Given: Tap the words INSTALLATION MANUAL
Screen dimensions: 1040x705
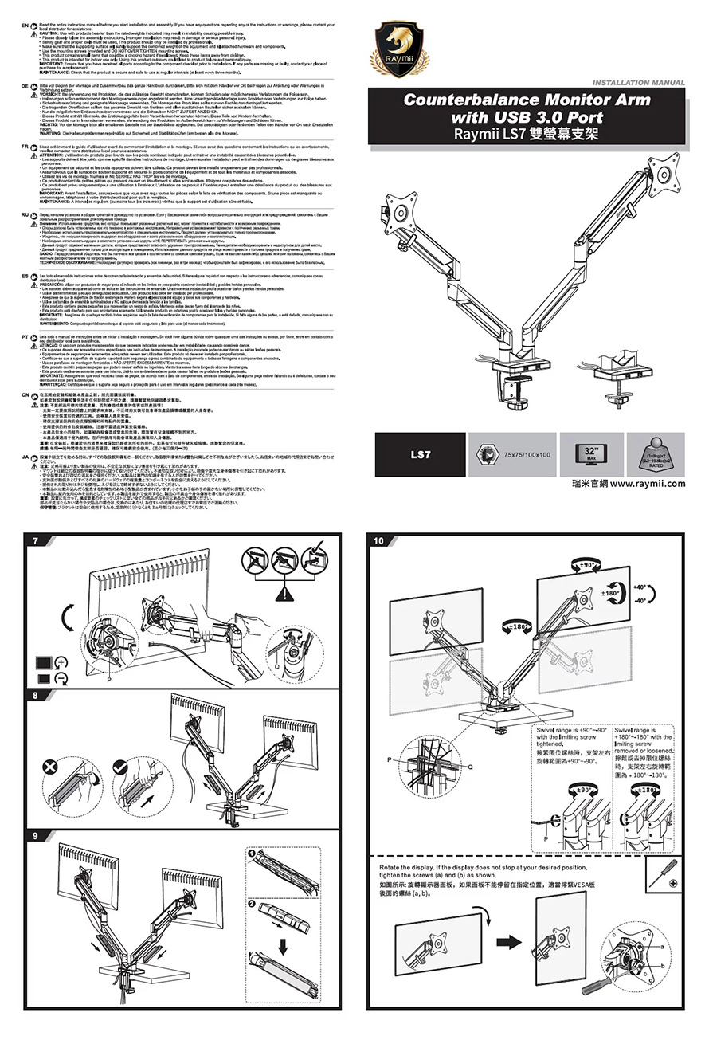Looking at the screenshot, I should pos(639,82).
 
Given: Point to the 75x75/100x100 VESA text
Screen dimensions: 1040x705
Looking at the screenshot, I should pos(528,454).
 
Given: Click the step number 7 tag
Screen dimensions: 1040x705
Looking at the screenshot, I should pos(34,542).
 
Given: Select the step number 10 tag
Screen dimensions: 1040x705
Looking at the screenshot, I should pos(379,542).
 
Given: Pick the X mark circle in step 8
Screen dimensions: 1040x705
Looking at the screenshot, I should pos(51,767).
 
